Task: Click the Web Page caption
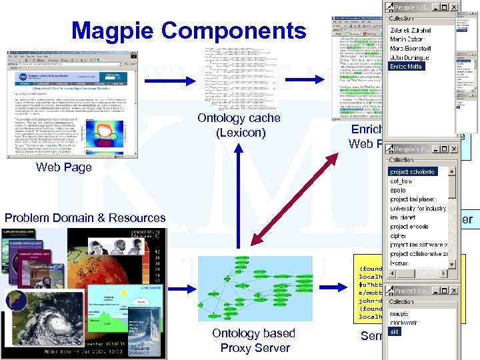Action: point(64,167)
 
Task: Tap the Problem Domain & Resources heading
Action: point(85,218)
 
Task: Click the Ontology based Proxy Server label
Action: point(254,340)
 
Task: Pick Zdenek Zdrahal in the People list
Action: point(410,31)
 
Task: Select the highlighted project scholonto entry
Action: point(412,172)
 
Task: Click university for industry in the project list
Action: point(417,209)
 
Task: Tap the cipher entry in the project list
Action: point(398,236)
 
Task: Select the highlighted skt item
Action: point(395,331)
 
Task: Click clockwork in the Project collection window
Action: point(404,322)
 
